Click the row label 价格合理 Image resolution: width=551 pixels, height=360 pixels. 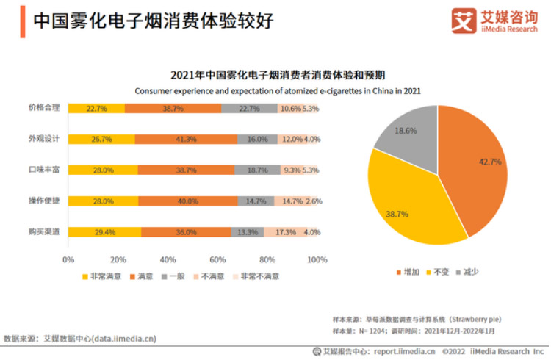[44, 108]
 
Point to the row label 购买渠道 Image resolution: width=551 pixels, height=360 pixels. [44, 232]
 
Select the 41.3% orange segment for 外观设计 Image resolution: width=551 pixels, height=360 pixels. [187, 139]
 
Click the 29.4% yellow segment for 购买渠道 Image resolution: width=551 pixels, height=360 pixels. [104, 232]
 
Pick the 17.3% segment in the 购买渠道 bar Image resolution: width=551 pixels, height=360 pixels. [286, 232]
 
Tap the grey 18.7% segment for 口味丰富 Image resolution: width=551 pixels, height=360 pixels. [257, 170]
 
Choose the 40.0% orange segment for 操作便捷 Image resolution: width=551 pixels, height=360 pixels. [187, 201]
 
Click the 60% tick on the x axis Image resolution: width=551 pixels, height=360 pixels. [217, 259]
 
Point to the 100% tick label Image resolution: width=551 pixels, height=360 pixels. [317, 259]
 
